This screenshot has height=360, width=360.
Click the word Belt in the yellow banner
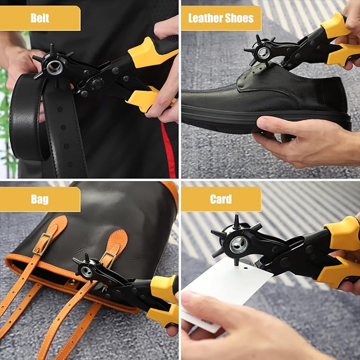[x=40, y=19]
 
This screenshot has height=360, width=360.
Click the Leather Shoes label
[x=221, y=19]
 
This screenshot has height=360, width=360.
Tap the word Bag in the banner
[x=40, y=199]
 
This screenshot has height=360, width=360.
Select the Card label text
[x=221, y=199]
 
